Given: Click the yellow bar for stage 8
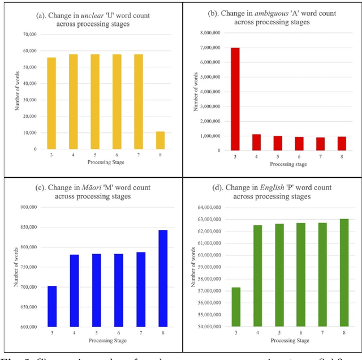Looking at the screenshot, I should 161,140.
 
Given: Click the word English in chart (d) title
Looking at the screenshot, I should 266,186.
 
